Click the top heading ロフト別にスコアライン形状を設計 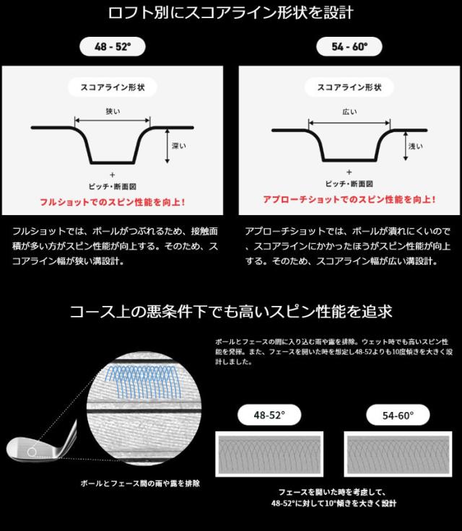[231, 13]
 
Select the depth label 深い [180, 146]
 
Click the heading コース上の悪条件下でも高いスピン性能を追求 [231, 312]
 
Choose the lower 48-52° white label [269, 416]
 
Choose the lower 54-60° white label [397, 416]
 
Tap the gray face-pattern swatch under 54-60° [397, 454]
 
